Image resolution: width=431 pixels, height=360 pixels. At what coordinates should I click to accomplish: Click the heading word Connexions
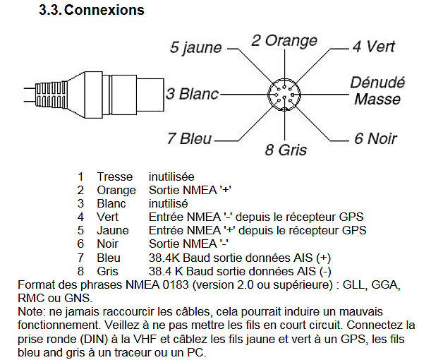click(x=104, y=10)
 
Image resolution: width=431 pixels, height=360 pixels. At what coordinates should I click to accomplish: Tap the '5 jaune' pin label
click(x=195, y=47)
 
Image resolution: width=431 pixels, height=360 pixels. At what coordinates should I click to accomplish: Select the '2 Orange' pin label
click(x=284, y=41)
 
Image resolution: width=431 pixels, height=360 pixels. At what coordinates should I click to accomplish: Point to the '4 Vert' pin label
click(x=374, y=46)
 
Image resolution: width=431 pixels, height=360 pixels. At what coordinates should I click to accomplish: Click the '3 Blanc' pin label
click(x=192, y=94)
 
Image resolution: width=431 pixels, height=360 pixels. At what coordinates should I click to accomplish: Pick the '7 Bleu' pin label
click(x=189, y=138)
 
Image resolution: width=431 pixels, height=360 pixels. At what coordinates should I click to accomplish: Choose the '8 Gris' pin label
click(x=286, y=150)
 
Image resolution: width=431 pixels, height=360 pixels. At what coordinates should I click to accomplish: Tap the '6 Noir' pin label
click(x=375, y=138)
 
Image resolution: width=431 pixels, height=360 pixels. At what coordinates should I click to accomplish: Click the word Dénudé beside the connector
click(x=377, y=83)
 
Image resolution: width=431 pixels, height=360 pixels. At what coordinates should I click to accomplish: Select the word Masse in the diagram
click(x=377, y=99)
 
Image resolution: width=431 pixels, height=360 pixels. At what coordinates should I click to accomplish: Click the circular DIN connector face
click(x=284, y=95)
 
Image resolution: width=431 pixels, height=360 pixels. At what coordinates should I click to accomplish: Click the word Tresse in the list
click(x=114, y=176)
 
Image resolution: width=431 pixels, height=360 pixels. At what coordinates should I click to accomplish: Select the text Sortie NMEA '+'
click(x=190, y=190)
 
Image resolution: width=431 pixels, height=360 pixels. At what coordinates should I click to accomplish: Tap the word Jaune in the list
click(x=113, y=230)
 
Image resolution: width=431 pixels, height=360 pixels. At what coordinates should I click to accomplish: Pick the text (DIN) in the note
click(x=94, y=339)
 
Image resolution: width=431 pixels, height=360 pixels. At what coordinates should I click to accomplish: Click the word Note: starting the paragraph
click(x=32, y=312)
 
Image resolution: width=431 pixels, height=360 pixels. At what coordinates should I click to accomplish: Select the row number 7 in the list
click(x=80, y=258)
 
